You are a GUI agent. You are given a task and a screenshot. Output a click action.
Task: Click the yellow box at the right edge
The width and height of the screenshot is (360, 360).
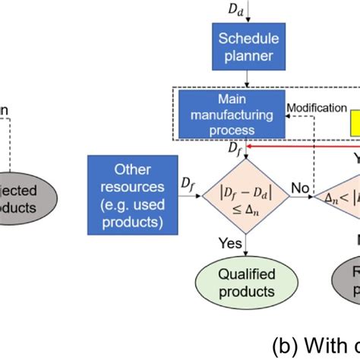point(355,123)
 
